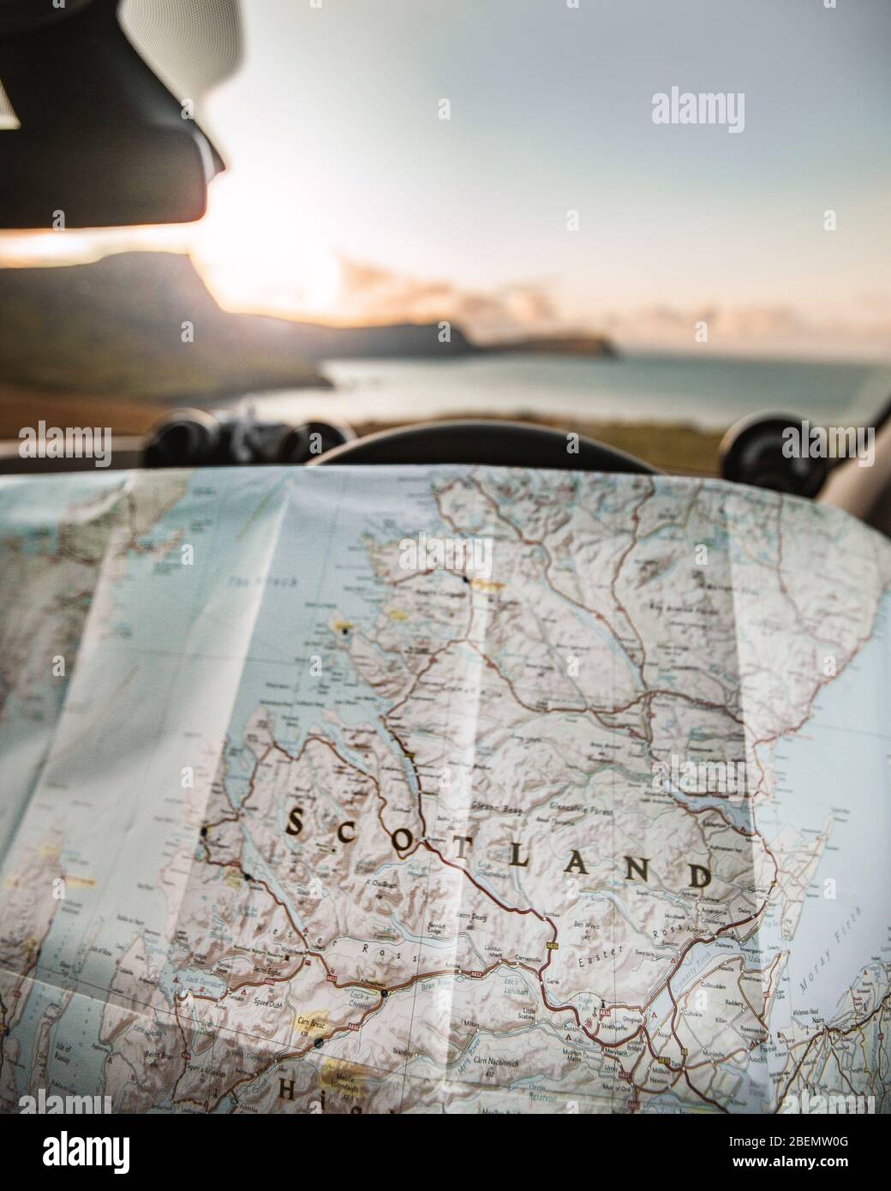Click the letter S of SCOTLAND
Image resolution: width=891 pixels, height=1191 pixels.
294,822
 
